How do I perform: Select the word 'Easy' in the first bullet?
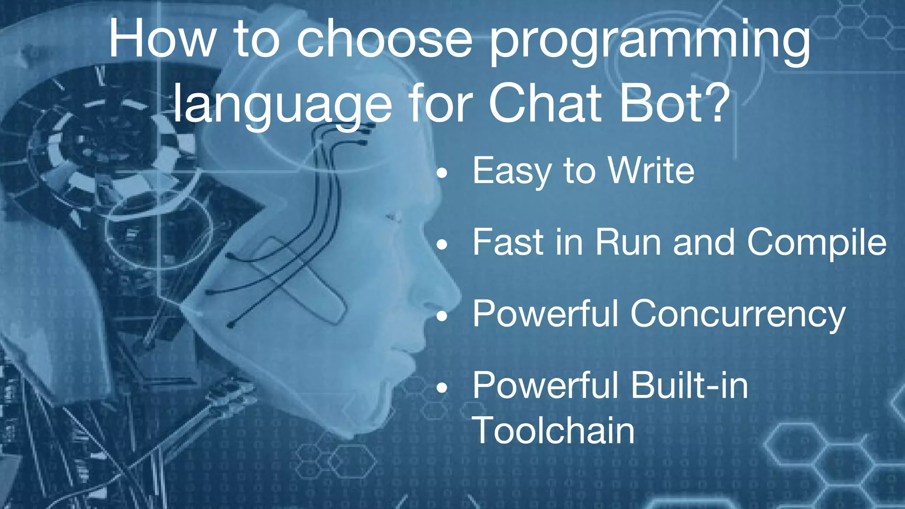coord(511,171)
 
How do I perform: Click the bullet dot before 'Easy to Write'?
coord(442,174)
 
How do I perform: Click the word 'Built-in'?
coord(689,385)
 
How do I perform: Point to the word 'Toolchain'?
coord(553,430)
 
